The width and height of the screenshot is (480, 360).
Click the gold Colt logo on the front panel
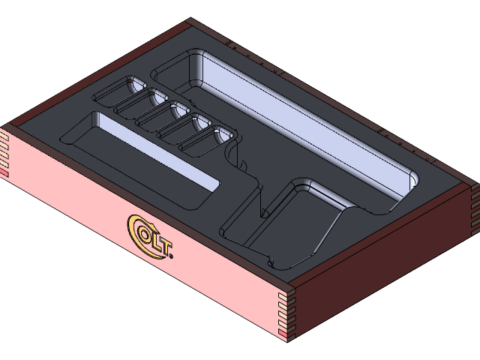(x=151, y=238)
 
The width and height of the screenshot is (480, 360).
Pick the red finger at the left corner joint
(x=4, y=173)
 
